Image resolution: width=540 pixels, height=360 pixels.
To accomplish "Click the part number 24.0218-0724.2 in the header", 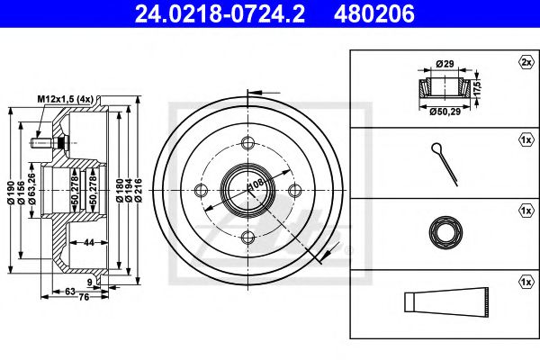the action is click(x=220, y=13).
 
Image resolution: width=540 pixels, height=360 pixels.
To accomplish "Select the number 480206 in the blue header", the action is click(x=374, y=13).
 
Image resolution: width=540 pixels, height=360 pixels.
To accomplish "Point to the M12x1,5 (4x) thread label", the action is click(x=66, y=99).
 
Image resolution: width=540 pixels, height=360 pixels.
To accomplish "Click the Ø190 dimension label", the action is click(x=12, y=193).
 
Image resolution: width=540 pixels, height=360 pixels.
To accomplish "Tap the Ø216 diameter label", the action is click(x=139, y=190).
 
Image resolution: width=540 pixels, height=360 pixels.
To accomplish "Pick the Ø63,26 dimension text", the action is click(x=32, y=189).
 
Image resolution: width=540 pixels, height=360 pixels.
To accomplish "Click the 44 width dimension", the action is click(x=89, y=242).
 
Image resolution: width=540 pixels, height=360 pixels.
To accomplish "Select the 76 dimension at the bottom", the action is click(x=84, y=297).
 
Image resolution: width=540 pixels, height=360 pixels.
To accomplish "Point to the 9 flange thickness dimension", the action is click(x=90, y=283).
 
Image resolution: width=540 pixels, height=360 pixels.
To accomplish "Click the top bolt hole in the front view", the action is click(x=247, y=142).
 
